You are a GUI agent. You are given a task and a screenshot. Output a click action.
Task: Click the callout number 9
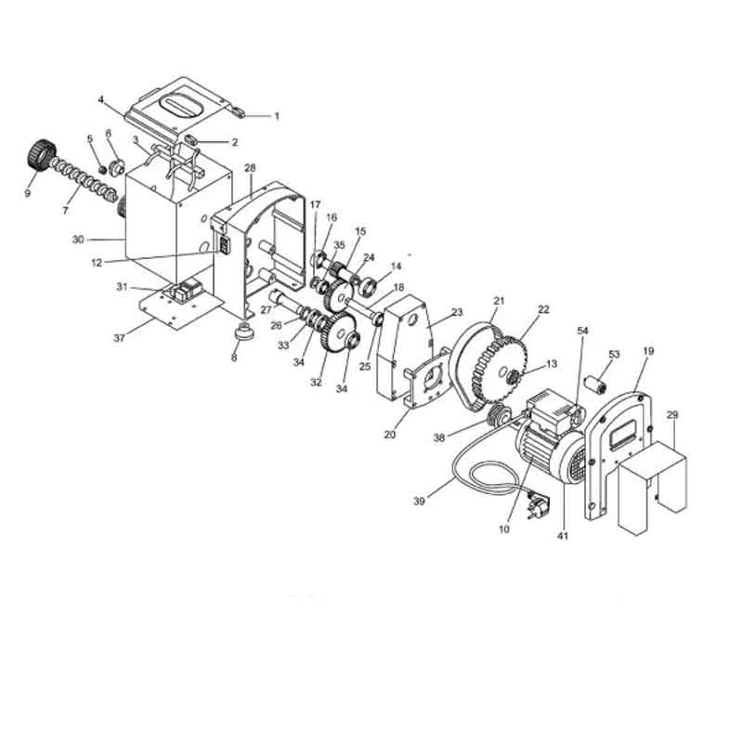[x=28, y=193]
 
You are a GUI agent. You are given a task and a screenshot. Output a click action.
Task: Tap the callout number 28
[x=250, y=168]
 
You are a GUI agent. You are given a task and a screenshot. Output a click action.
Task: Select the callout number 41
[x=562, y=536]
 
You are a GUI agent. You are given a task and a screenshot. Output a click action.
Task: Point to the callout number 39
[x=420, y=501]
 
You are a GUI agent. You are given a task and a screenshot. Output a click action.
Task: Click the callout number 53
[x=614, y=355]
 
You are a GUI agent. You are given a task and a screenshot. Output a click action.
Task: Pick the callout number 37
[x=120, y=338]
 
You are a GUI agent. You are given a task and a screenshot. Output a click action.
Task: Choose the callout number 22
[x=543, y=309]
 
